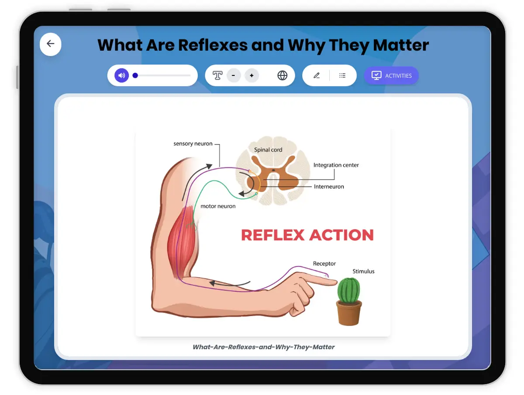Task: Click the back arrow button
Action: coord(51,44)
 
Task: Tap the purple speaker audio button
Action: coord(122,75)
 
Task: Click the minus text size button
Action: coord(234,75)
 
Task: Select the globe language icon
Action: coord(283,75)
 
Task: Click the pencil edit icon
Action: coord(317,75)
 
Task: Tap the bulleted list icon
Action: coord(342,75)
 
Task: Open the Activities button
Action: coord(391,75)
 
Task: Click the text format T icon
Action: coord(217,75)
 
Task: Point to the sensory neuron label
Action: coord(193,143)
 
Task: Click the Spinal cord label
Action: coord(268,150)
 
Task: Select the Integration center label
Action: coord(336,165)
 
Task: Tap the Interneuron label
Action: coord(329,187)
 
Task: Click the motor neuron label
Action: coord(218,206)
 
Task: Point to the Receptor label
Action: coord(324,263)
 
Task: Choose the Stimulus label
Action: coord(363,271)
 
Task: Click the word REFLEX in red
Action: coord(272,235)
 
